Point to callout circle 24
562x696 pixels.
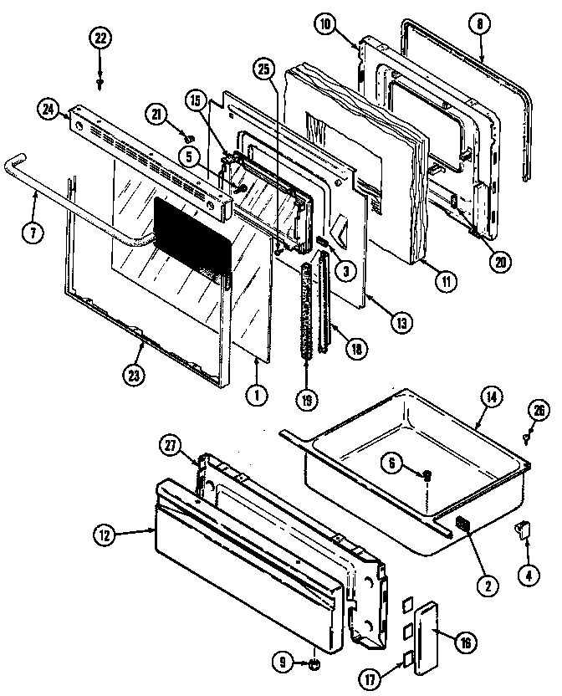tap(46, 108)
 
